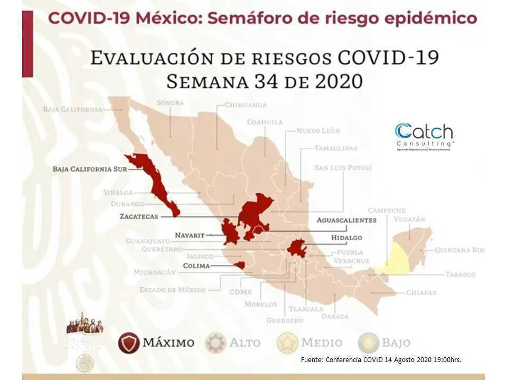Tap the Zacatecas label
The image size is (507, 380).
(x=139, y=216)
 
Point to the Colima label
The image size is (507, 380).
(x=196, y=266)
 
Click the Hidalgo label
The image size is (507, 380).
(x=346, y=237)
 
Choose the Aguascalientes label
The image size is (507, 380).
(x=346, y=220)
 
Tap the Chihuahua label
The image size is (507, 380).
(x=246, y=104)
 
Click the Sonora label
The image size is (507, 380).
(x=170, y=103)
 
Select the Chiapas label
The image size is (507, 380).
(x=421, y=292)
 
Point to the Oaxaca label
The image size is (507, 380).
(x=335, y=316)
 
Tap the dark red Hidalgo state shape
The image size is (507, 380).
(x=297, y=248)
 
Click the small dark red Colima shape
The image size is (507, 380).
(x=239, y=265)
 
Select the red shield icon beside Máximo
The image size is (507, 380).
(x=129, y=343)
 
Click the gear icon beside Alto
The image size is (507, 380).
(x=215, y=343)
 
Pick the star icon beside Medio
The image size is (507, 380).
(x=287, y=343)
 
